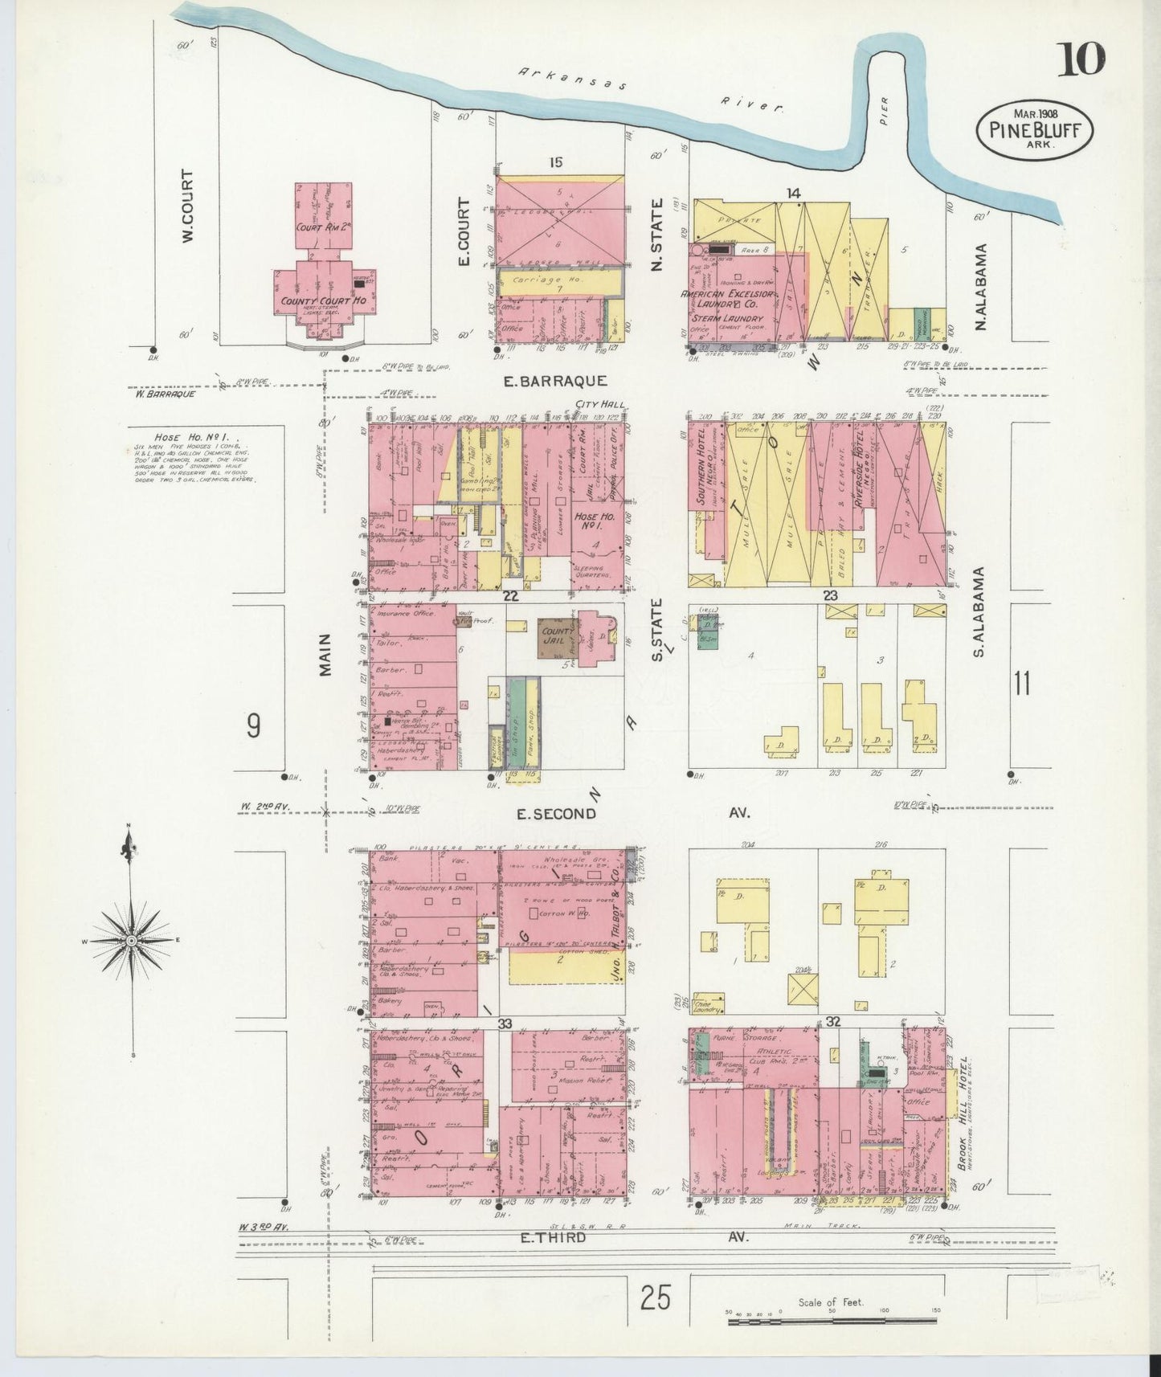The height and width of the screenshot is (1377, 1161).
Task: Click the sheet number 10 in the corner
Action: pos(1081,59)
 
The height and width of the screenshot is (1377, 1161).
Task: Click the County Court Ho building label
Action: pos(324,301)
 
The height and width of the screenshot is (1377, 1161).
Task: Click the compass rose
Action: pos(131,940)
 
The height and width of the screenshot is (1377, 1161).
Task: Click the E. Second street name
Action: pos(557,814)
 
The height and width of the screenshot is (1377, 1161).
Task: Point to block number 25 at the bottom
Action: pos(656,1297)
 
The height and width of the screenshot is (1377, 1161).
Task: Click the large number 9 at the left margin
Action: pos(253,726)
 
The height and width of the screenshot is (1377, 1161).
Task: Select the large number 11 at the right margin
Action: pos(1021,684)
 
